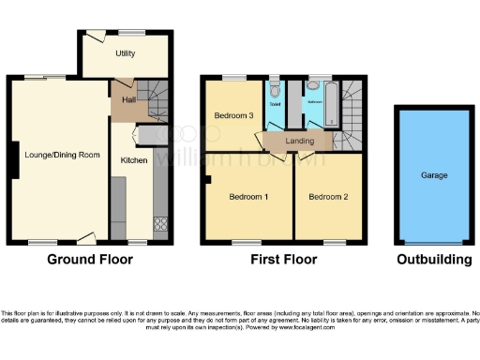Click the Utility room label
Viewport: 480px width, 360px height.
click(126, 53)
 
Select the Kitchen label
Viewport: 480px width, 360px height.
click(133, 160)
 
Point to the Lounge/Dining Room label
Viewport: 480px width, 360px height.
click(58, 153)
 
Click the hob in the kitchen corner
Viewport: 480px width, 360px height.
click(160, 225)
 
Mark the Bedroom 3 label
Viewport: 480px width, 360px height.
click(233, 116)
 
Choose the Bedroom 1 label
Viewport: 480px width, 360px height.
click(248, 197)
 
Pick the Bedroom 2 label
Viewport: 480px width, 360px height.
click(329, 197)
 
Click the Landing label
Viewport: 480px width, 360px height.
click(300, 142)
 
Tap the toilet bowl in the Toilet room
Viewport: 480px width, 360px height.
click(275, 91)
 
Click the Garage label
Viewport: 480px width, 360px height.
click(433, 175)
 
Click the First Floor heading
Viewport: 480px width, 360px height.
click(282, 260)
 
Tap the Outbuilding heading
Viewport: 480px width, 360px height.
click(433, 260)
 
